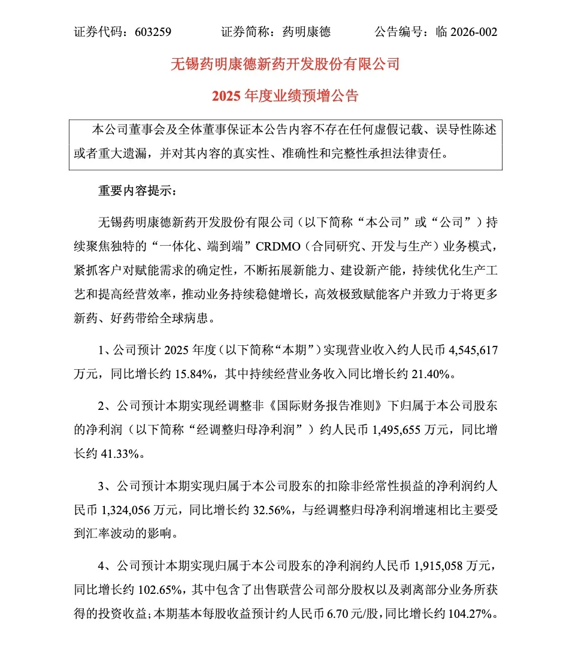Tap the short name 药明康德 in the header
(x=306, y=32)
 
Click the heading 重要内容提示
(x=137, y=192)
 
